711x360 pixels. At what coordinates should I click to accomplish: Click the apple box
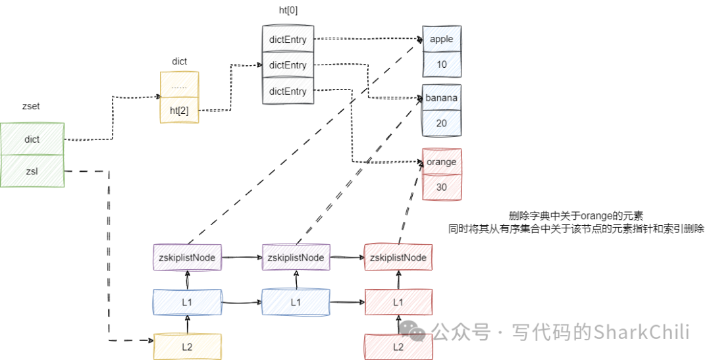point(441,39)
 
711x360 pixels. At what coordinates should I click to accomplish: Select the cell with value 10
point(441,64)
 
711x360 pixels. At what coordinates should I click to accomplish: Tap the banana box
point(441,98)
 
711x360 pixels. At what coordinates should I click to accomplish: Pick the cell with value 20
point(441,123)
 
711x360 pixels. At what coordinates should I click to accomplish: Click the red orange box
point(441,161)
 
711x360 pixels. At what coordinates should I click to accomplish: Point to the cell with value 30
point(441,187)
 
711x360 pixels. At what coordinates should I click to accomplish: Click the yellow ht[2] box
point(179,111)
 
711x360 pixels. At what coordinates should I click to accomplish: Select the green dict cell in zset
point(32,139)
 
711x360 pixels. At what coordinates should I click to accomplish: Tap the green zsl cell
point(32,171)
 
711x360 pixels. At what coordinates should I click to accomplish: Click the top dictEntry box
point(288,39)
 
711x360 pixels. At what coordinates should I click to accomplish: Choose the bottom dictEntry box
point(288,91)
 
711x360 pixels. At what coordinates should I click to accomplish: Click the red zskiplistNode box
point(398,257)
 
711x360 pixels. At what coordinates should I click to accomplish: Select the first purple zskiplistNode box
point(188,257)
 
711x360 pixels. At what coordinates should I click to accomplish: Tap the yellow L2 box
point(187,346)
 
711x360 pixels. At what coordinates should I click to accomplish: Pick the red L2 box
point(398,346)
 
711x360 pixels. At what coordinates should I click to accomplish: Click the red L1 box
point(398,302)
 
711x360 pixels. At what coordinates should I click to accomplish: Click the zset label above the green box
point(31,106)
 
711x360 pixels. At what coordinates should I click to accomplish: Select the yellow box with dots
point(179,86)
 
